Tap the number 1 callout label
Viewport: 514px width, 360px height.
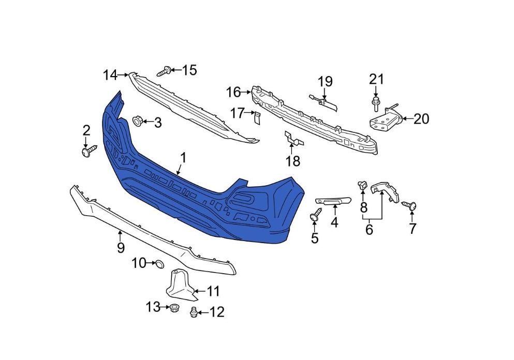pyautogui.click(x=183, y=158)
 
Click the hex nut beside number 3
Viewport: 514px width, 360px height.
pyautogui.click(x=137, y=121)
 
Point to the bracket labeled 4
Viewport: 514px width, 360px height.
pyautogui.click(x=333, y=201)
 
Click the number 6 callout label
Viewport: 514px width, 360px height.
pyautogui.click(x=369, y=230)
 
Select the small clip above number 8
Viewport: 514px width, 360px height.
pyautogui.click(x=362, y=185)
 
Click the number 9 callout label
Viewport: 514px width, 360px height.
pyautogui.click(x=121, y=248)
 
